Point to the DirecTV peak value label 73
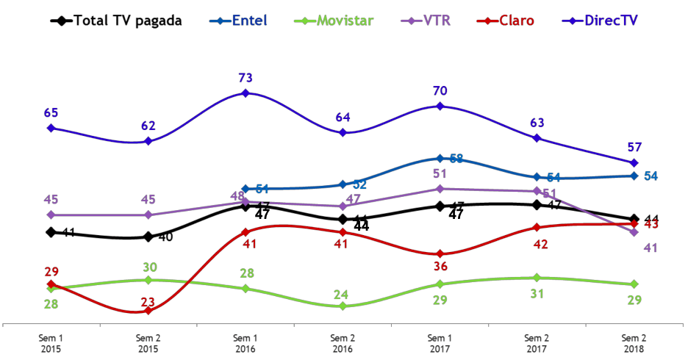pos(246,77)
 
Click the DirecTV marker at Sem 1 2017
pos(440,107)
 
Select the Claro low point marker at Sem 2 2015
pos(148,311)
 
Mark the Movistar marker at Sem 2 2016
pos(343,306)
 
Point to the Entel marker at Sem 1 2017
pos(440,159)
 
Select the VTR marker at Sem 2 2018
pos(634,232)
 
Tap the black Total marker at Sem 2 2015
pos(148,237)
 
